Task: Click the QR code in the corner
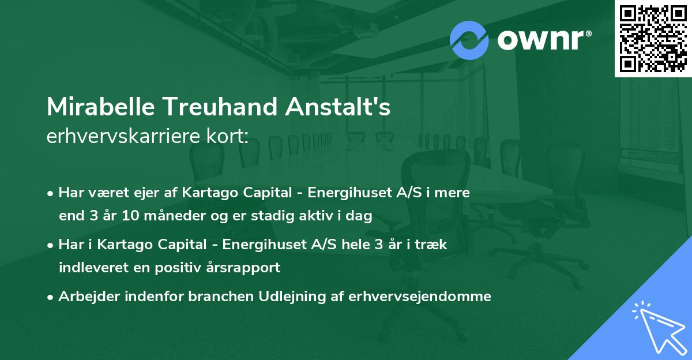[653, 38]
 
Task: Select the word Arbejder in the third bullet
[85, 297]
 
